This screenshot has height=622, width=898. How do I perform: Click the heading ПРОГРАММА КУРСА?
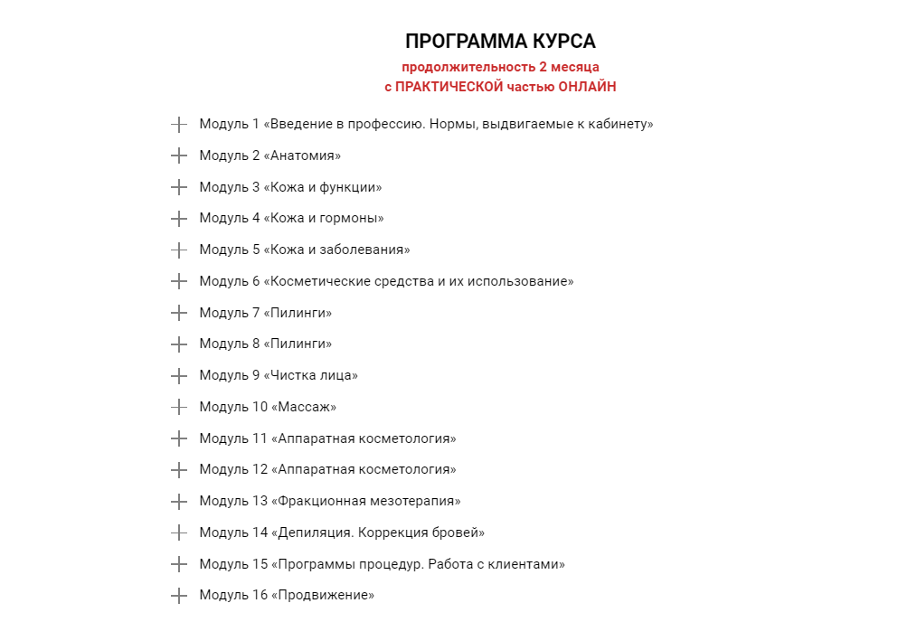tap(500, 42)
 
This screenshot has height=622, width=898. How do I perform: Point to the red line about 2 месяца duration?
tap(500, 67)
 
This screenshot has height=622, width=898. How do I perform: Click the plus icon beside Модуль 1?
tap(179, 124)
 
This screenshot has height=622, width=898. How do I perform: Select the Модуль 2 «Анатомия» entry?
tap(269, 155)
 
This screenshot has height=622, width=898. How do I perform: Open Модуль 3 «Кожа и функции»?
tap(290, 187)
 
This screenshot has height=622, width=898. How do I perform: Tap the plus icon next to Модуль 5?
tap(179, 250)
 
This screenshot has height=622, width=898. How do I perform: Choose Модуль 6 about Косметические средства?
tap(386, 281)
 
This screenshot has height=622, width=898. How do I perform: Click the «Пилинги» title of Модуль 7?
tap(298, 313)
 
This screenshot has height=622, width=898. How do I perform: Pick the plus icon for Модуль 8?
tap(179, 344)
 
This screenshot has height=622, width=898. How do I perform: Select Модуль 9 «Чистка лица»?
tap(279, 375)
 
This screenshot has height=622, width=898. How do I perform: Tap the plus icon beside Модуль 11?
tap(179, 438)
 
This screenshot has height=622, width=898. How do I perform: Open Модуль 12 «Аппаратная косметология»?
tap(327, 469)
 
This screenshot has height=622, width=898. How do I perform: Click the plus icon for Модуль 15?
tap(179, 564)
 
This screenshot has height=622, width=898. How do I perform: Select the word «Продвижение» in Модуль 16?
tap(323, 595)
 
